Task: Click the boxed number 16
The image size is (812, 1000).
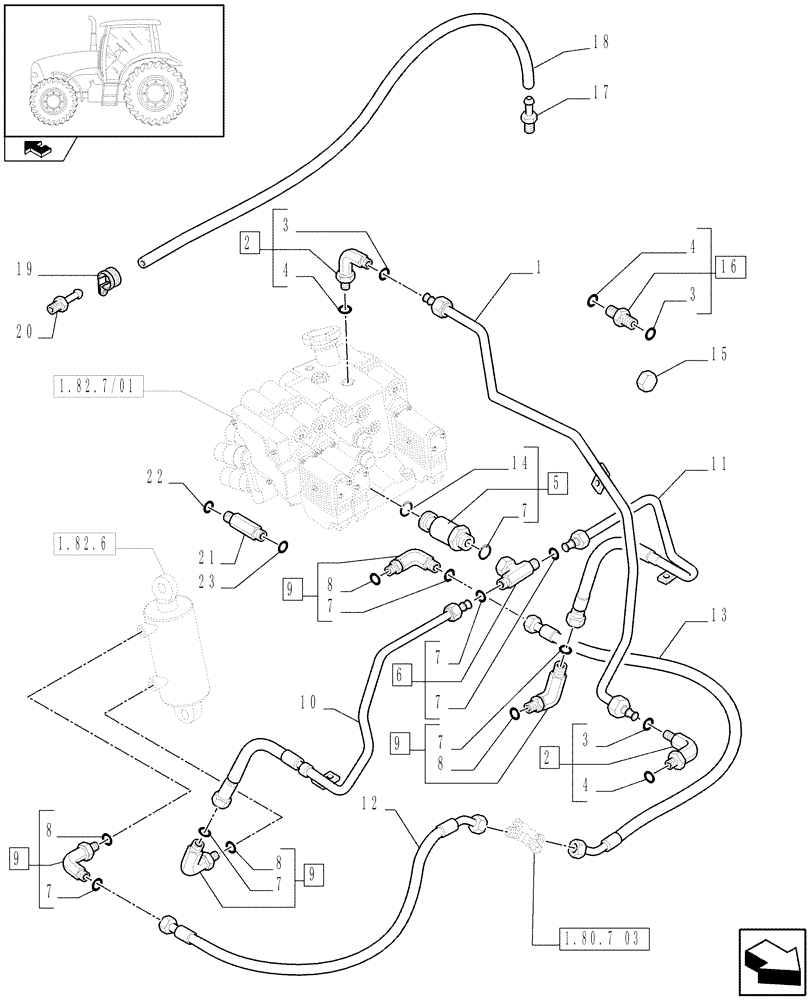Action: coord(729,268)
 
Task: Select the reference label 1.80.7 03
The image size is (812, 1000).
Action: coord(592,939)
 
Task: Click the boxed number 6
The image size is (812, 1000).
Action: coord(401,675)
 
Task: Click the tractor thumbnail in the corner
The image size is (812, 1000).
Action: coord(111,70)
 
